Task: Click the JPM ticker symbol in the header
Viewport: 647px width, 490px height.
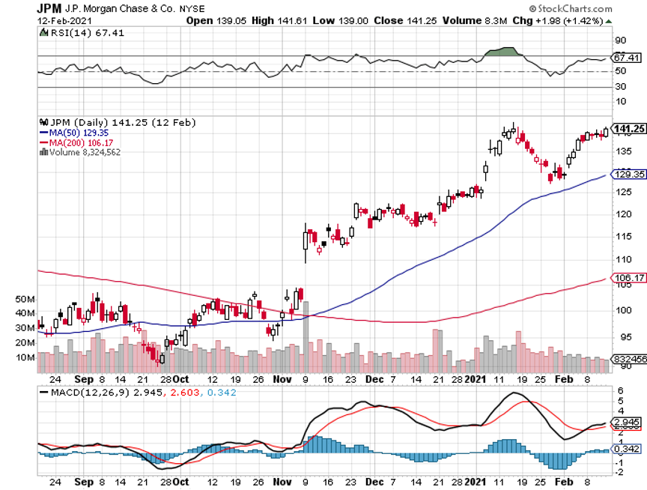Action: [50, 8]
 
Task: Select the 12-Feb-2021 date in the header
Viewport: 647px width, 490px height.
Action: [62, 20]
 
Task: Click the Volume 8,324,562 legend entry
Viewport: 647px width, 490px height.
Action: [85, 152]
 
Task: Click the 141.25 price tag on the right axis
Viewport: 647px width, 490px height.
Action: [629, 129]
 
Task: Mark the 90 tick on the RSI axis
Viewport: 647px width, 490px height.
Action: [620, 40]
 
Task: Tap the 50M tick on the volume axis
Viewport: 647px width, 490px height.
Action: [25, 299]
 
